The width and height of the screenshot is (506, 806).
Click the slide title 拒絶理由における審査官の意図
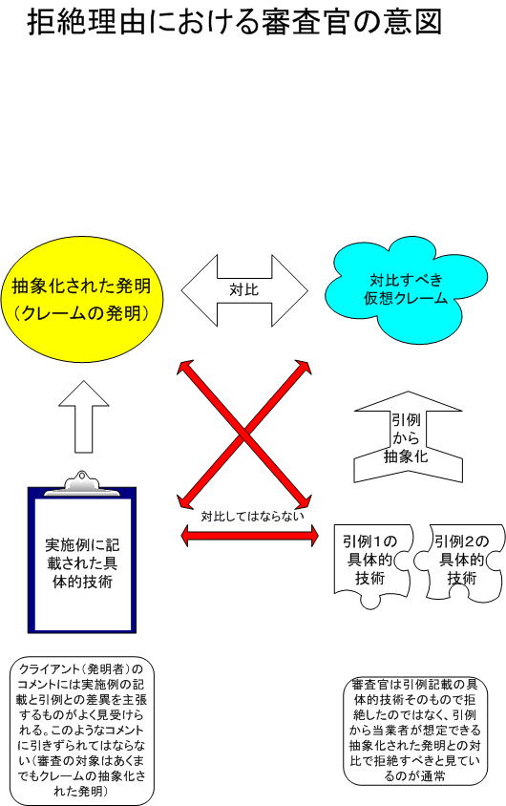234,22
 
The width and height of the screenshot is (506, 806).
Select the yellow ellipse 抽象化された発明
82,300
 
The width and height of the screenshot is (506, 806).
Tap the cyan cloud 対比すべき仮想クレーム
406,290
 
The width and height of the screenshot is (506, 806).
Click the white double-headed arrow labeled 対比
244,290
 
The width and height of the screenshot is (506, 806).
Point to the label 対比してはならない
252,516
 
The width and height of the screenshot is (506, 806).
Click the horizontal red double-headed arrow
250,536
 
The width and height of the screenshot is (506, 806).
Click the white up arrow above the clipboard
84,416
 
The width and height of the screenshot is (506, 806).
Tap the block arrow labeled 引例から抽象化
409,437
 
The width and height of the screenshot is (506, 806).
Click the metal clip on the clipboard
82,482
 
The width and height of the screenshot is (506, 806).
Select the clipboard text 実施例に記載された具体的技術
82,563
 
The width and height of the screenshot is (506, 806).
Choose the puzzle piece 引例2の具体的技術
461,562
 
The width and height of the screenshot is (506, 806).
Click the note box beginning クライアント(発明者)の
82,731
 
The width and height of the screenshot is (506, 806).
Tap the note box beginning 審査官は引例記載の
415,731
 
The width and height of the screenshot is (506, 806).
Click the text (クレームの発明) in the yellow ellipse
82,313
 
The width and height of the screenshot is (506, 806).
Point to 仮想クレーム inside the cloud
406,298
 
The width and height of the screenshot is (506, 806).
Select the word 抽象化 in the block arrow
406,456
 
